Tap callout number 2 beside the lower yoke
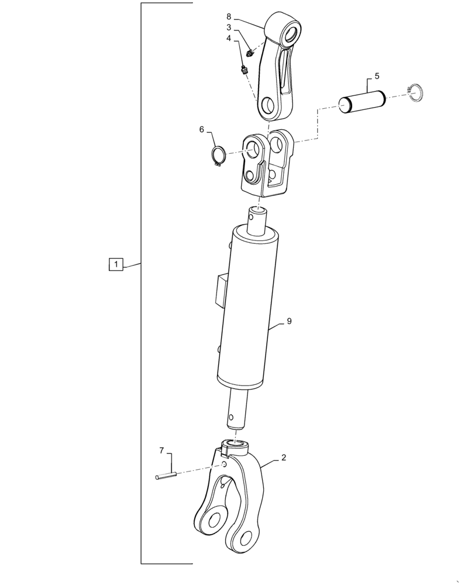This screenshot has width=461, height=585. coord(283,458)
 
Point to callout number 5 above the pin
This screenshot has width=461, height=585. coord(377,76)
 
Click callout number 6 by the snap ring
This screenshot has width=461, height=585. coord(202,130)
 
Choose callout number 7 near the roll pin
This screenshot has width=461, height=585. coord(161,450)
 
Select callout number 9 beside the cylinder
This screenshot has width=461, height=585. coord(289,321)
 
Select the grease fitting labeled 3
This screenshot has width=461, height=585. coord(250,54)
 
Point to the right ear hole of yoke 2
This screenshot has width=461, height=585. coord(246,536)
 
